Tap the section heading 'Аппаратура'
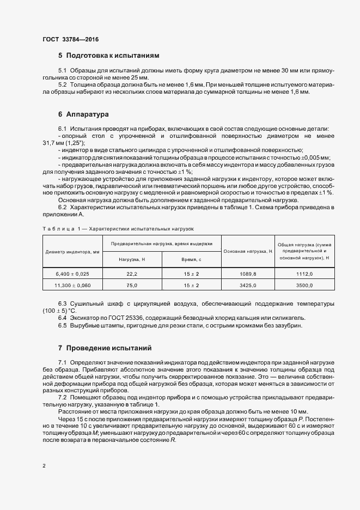click(x=88, y=114)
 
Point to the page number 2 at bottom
click(x=44, y=466)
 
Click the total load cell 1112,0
click(x=305, y=274)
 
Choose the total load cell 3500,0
click(x=305, y=285)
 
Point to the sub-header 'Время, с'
click(x=191, y=259)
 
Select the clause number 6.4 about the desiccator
click(x=63, y=318)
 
